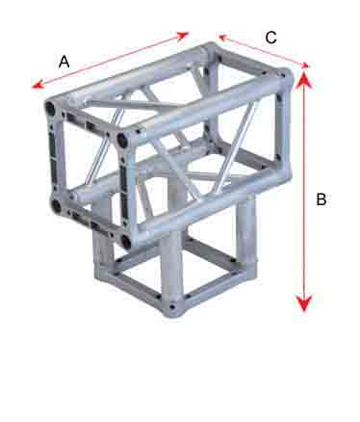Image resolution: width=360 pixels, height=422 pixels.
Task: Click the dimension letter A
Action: (x=64, y=62)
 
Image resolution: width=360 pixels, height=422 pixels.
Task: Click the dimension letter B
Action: (x=321, y=199)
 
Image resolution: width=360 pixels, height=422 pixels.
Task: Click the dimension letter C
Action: (x=271, y=38)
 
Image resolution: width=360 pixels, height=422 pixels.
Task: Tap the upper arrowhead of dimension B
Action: (x=303, y=79)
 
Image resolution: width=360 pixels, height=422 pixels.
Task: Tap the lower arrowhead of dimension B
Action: (x=304, y=303)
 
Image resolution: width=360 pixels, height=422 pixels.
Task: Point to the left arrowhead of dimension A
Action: (x=38, y=85)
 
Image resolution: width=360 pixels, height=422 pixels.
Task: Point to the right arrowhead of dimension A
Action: (x=183, y=35)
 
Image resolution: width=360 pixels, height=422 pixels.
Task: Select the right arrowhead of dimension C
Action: (x=304, y=66)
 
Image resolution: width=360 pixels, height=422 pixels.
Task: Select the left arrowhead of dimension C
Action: (x=222, y=38)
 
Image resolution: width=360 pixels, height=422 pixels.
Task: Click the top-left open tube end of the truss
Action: (x=50, y=109)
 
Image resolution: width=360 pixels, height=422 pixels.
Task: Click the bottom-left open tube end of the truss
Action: (x=56, y=205)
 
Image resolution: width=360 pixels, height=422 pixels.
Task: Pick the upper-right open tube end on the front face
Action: (x=122, y=140)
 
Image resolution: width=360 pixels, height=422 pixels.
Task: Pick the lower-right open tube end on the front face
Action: (x=126, y=241)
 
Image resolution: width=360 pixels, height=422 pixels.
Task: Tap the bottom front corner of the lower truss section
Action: (x=172, y=308)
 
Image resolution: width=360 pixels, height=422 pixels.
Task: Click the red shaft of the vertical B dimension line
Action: (x=304, y=192)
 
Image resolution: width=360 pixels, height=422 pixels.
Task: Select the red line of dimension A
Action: (x=111, y=60)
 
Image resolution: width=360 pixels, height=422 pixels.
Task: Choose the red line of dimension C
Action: (x=264, y=51)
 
